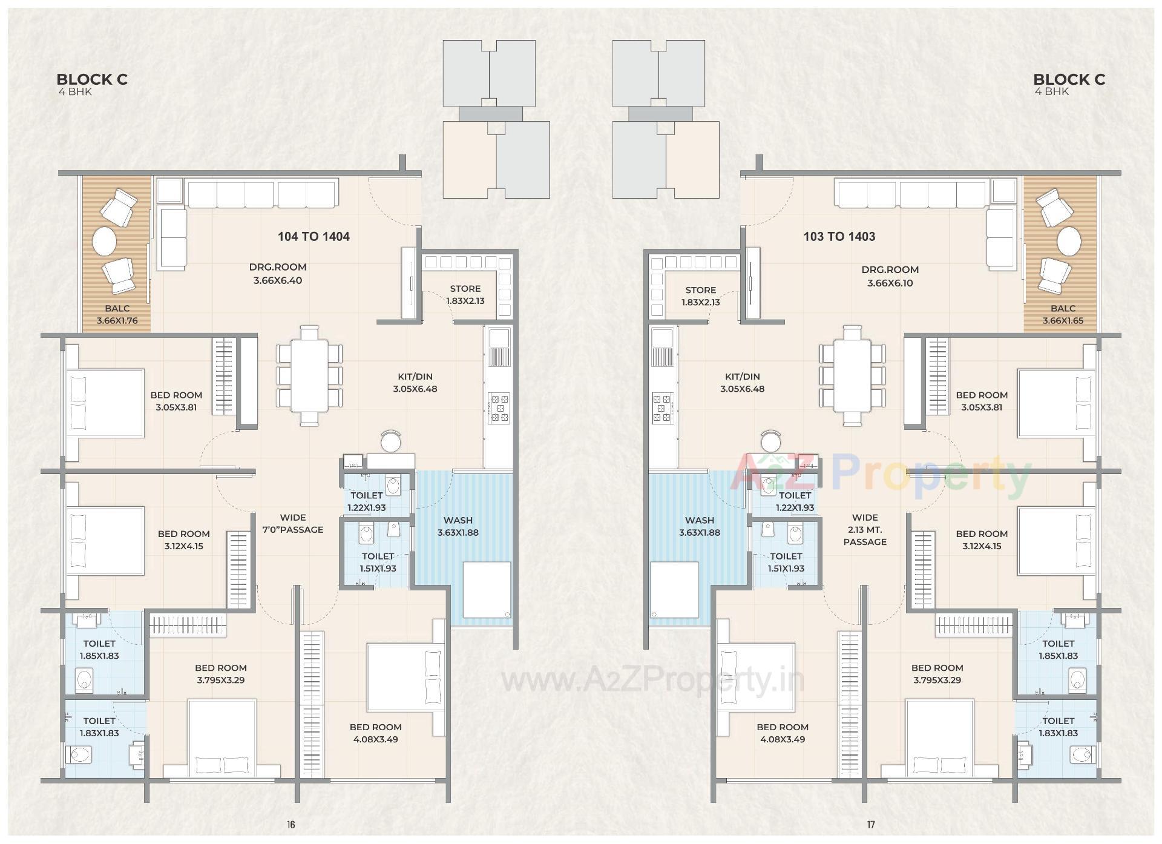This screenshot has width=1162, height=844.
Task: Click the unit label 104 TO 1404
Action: [x=313, y=237]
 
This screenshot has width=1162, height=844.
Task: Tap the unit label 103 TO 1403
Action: [x=839, y=237]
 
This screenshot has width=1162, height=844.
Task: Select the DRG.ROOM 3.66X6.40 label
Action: [x=277, y=274]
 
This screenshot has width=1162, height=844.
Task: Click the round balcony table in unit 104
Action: [x=104, y=242]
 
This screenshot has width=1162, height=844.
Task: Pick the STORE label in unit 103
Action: [x=701, y=290]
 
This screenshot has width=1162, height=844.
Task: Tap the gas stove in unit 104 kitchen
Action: [x=499, y=407]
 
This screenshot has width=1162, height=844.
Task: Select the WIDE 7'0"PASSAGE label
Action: [x=292, y=524]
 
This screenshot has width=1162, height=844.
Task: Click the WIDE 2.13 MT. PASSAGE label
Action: [x=865, y=530]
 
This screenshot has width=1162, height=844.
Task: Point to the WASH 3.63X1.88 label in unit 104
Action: [x=458, y=527]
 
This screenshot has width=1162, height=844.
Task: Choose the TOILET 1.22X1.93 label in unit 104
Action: [x=366, y=502]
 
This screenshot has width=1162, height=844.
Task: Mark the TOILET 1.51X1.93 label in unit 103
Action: [x=786, y=562]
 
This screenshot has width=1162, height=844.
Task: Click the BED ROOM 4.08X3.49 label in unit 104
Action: [x=375, y=733]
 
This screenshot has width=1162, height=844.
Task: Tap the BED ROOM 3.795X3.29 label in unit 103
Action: [x=937, y=674]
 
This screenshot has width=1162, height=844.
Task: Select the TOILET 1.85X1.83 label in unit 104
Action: [x=99, y=650]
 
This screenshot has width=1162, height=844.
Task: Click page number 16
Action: [x=291, y=825]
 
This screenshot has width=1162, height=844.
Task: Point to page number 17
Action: [x=870, y=825]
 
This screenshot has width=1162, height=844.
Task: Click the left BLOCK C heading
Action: [x=92, y=79]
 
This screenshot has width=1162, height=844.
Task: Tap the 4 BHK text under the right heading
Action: [x=1052, y=92]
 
